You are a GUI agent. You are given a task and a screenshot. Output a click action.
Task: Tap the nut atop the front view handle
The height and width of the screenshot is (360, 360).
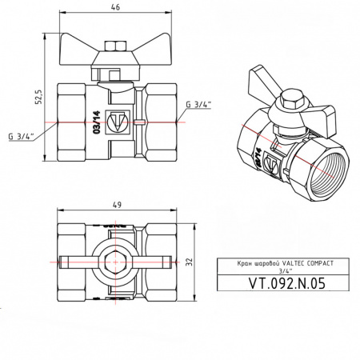[117, 46]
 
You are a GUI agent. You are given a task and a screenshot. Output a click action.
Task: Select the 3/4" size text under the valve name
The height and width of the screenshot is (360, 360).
[285, 270]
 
